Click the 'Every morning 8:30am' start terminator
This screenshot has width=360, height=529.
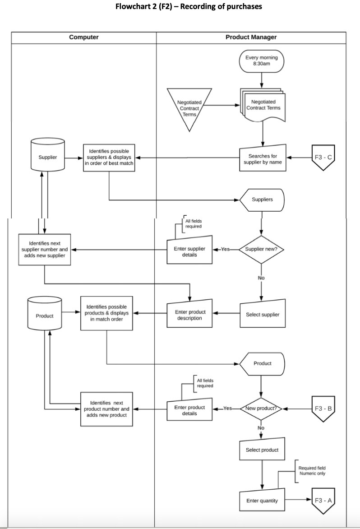(x=262, y=61)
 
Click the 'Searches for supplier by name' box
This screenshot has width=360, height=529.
(x=262, y=159)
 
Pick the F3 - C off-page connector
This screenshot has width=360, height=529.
(x=323, y=158)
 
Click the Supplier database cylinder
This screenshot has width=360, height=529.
(x=47, y=157)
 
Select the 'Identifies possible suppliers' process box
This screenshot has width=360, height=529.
(x=109, y=158)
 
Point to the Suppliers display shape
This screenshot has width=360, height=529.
(x=262, y=200)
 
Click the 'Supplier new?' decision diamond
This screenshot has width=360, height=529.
(x=261, y=249)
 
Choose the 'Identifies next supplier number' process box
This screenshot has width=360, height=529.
(x=45, y=249)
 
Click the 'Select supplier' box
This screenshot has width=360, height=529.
(x=262, y=314)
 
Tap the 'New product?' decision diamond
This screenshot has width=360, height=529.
(x=261, y=408)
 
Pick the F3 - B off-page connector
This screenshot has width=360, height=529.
(x=323, y=408)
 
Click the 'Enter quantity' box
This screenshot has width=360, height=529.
(x=262, y=500)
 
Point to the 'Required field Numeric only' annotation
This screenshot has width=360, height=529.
(x=312, y=471)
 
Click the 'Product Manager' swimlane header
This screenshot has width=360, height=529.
(x=251, y=37)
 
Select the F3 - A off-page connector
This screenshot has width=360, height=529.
(x=323, y=500)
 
